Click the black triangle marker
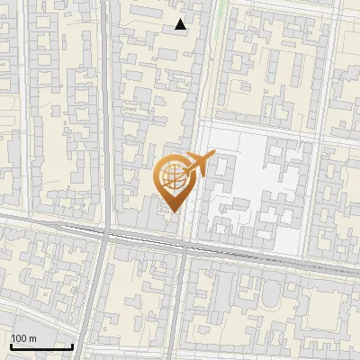(x=181, y=24)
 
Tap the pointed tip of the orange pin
(x=172, y=213)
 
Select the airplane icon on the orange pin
(x=198, y=165)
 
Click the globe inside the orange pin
(x=172, y=176)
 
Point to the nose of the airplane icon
(x=212, y=157)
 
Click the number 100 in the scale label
(x=20, y=339)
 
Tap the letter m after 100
(x=32, y=339)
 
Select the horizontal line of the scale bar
(x=41, y=346)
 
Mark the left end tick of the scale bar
(x=11, y=345)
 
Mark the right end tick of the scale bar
(x=72, y=345)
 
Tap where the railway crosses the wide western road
(x=106, y=234)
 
